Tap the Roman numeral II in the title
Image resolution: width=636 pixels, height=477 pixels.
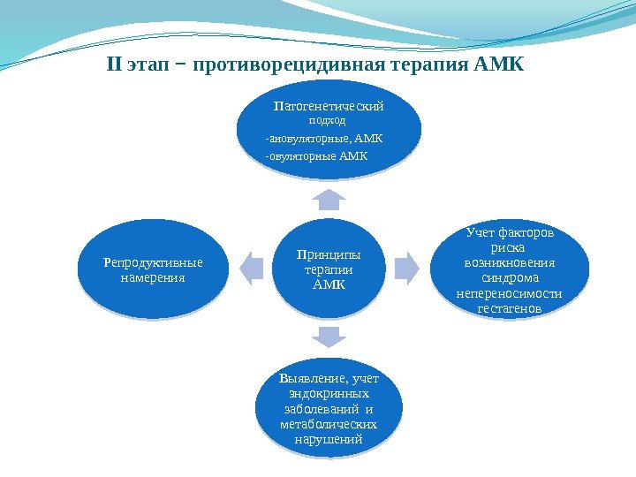tap(113, 65)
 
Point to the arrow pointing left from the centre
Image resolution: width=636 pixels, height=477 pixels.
tap(251, 268)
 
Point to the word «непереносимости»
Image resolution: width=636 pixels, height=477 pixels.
tap(510, 293)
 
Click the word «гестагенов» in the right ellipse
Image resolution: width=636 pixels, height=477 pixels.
tap(509, 308)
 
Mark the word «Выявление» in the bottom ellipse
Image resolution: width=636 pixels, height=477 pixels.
tap(306, 379)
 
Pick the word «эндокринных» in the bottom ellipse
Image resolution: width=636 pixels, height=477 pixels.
tap(329, 394)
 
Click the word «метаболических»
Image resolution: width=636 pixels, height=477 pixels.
tap(328, 425)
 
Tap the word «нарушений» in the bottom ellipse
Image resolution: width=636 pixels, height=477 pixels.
tap(328, 440)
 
